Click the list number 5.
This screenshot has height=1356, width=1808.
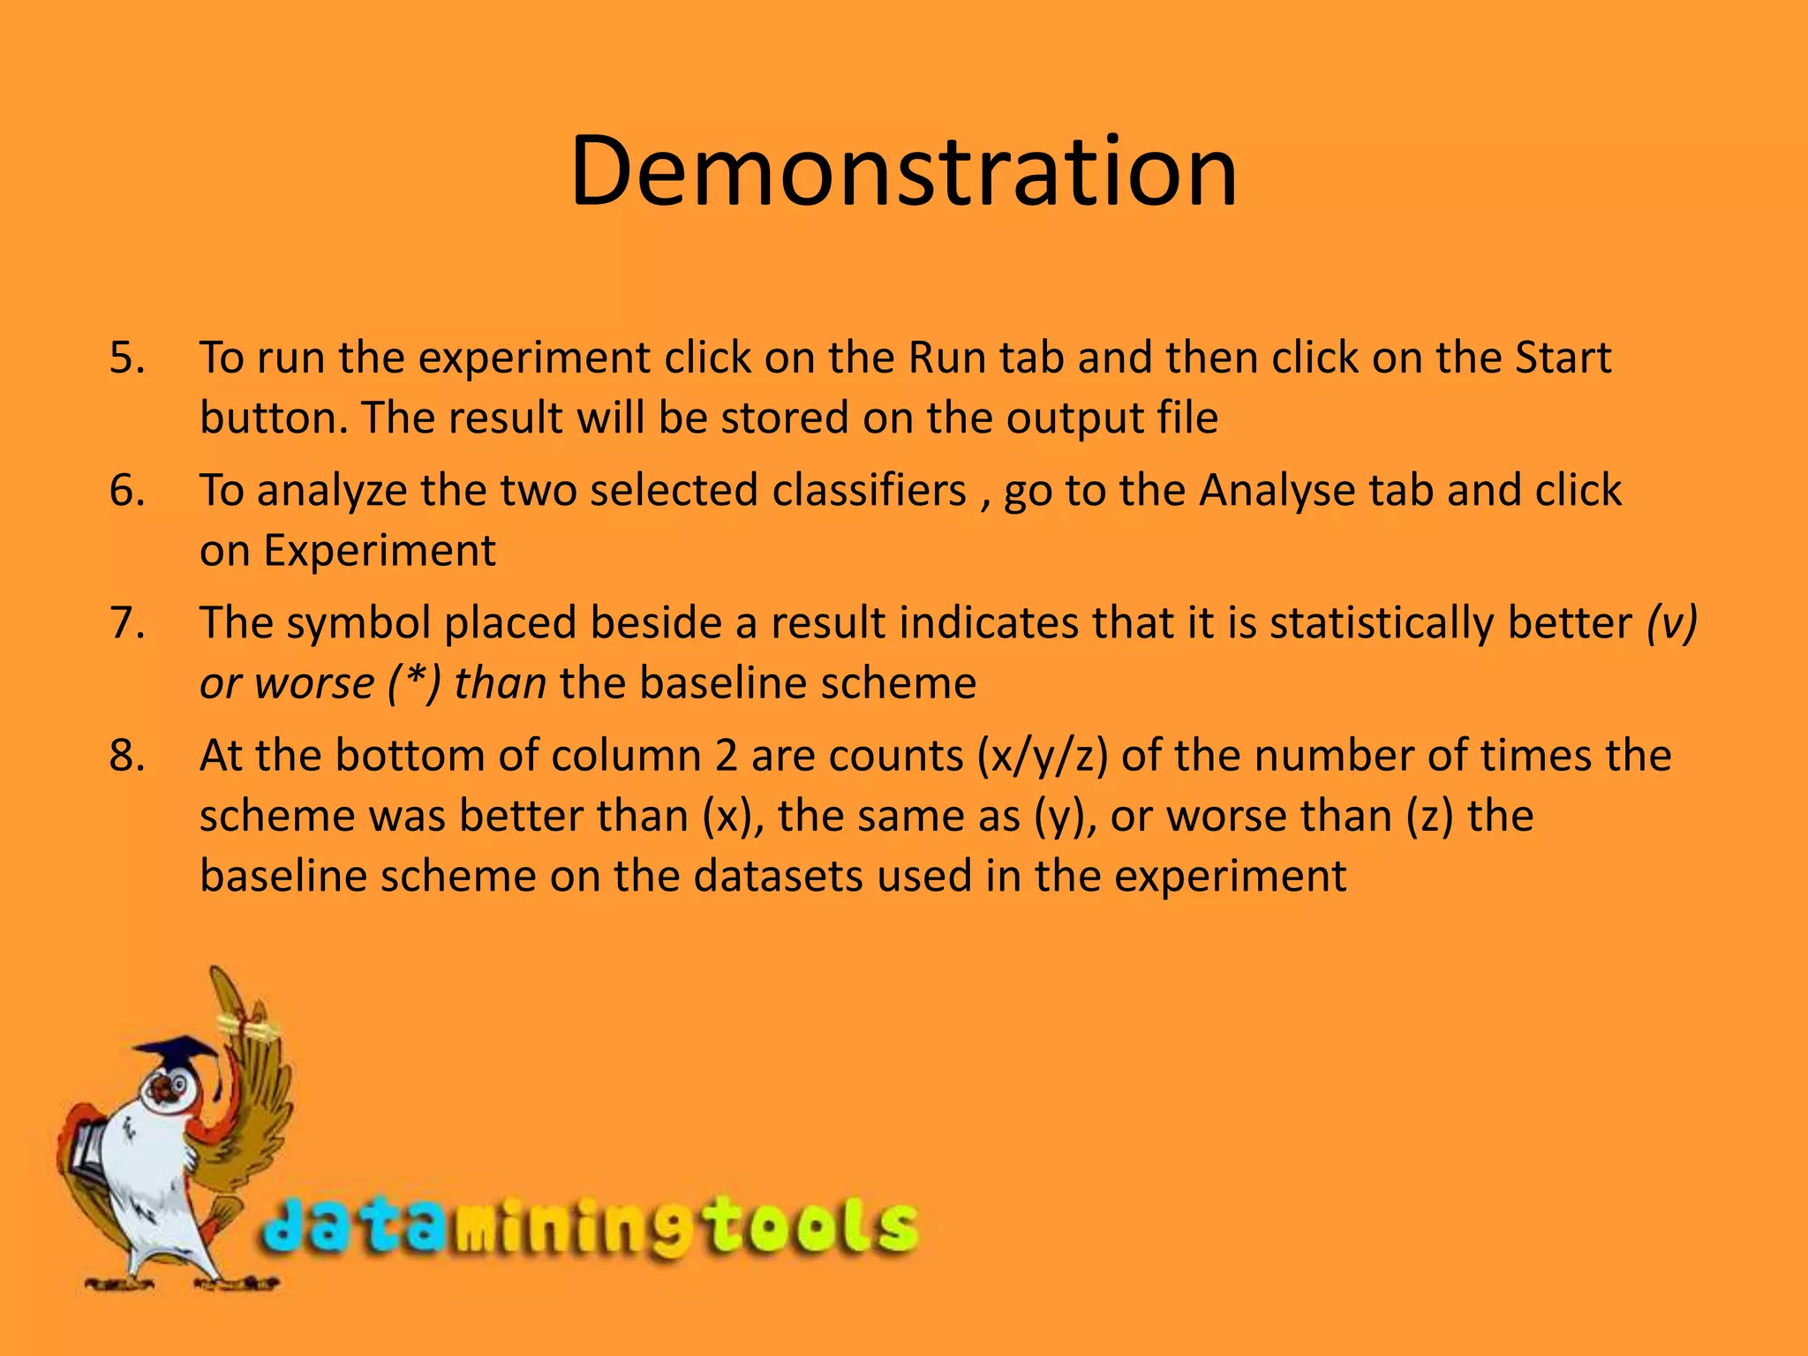(127, 358)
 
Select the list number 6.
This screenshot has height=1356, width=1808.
(127, 491)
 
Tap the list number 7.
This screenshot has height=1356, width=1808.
(127, 623)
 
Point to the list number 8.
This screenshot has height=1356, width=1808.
(127, 757)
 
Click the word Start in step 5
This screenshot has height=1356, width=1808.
(1563, 358)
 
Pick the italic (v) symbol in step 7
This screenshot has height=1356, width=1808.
(1671, 623)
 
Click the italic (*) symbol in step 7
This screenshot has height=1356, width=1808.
(413, 683)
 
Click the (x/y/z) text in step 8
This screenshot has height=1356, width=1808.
(1042, 757)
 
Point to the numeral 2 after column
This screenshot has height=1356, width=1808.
(726, 757)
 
